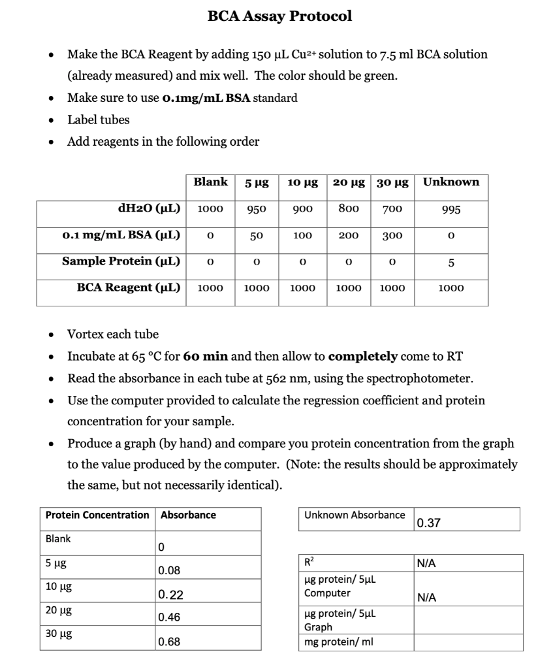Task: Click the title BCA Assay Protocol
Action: (279, 16)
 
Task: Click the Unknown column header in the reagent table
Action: (451, 182)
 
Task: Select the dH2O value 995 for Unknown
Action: (451, 210)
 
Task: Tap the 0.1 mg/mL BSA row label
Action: (121, 235)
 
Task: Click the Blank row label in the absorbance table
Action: (58, 539)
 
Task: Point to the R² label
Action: (309, 562)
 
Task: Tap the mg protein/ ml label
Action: (336, 642)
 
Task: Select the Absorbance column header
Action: (188, 515)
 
